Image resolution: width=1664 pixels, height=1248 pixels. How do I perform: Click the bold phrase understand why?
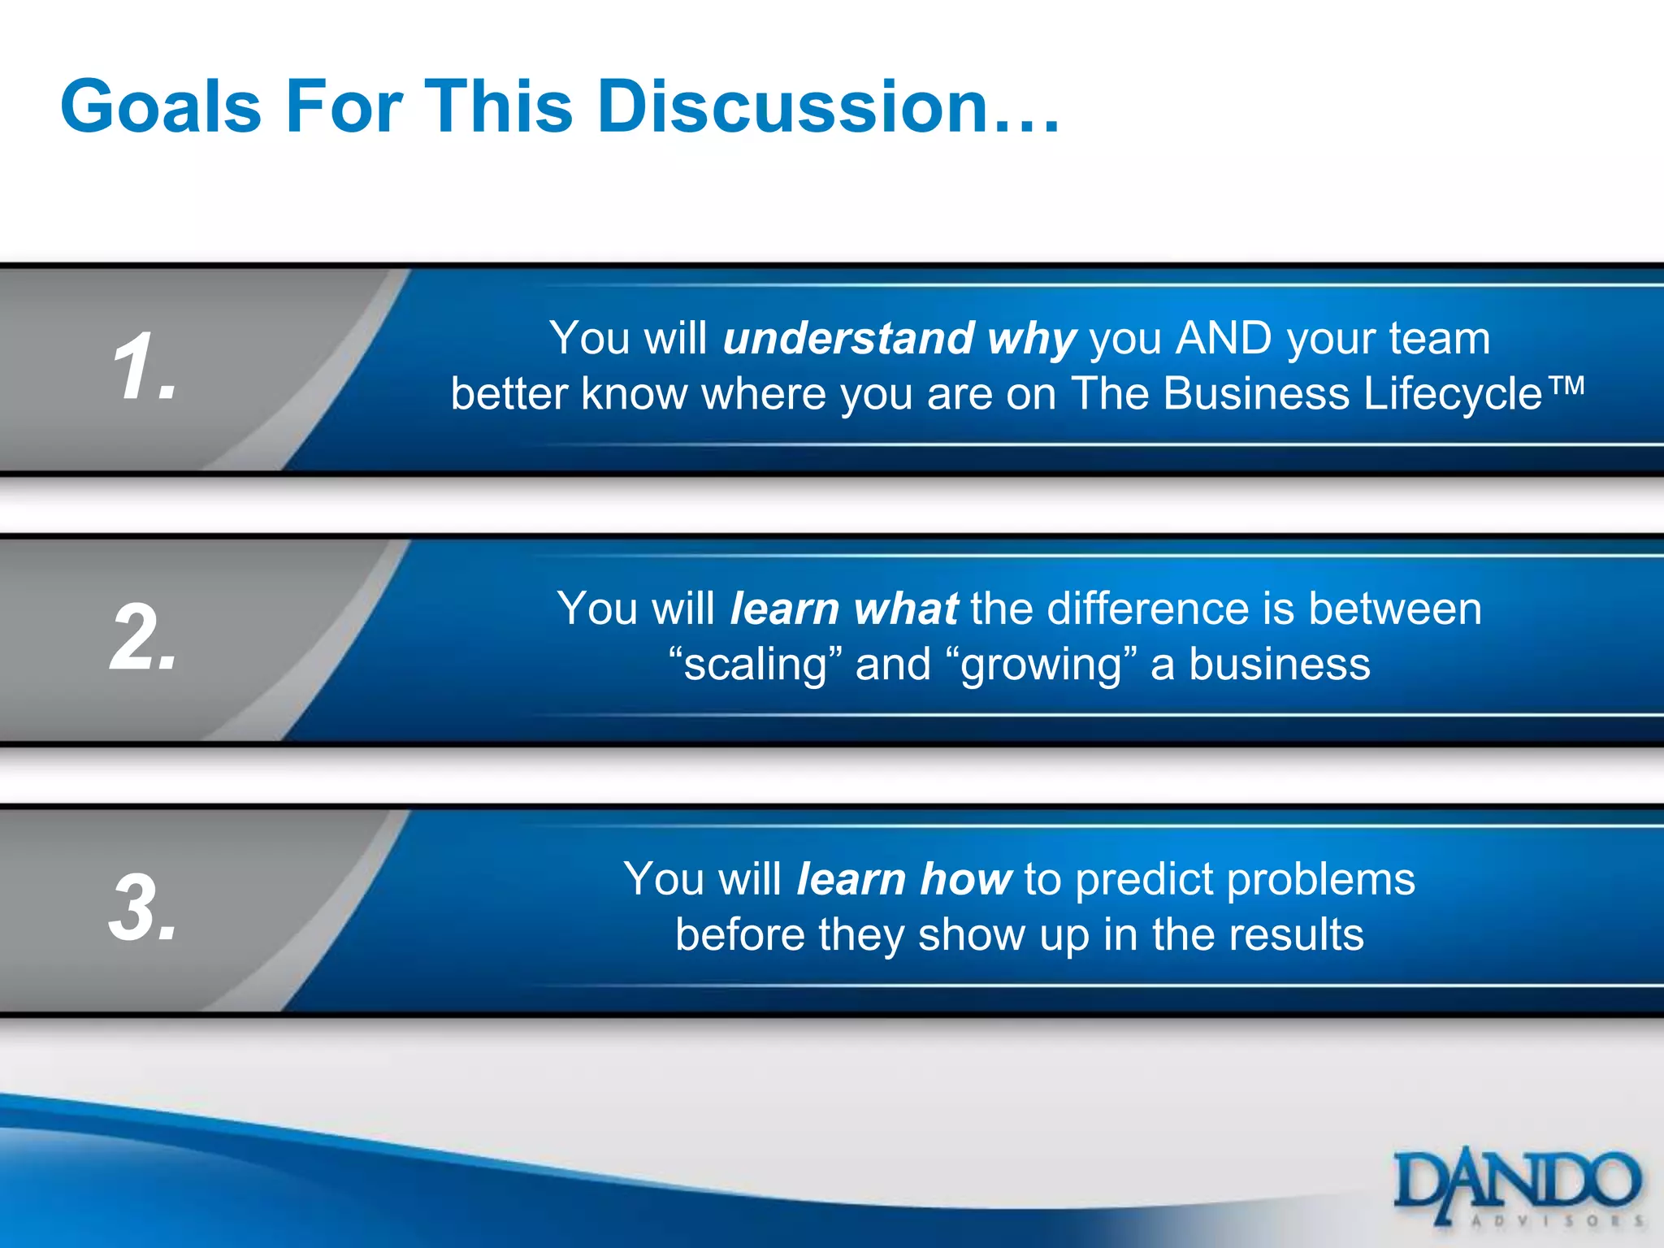(899, 339)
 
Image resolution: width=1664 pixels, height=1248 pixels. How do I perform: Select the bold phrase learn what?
(844, 609)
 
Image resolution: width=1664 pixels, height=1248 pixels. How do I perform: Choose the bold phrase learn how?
(903, 880)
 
